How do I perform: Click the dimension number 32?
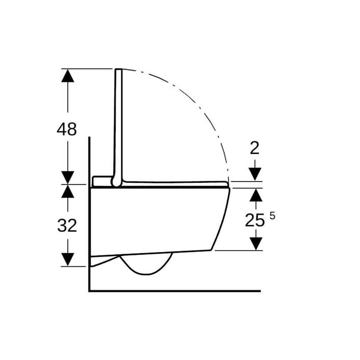tap(67, 225)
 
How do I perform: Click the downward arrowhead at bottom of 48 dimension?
tap(67, 177)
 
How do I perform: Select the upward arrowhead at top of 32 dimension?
tap(67, 191)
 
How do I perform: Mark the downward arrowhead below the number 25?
tap(256, 243)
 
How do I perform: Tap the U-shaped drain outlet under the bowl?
tap(147, 267)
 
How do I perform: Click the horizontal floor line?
tap(174, 291)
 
